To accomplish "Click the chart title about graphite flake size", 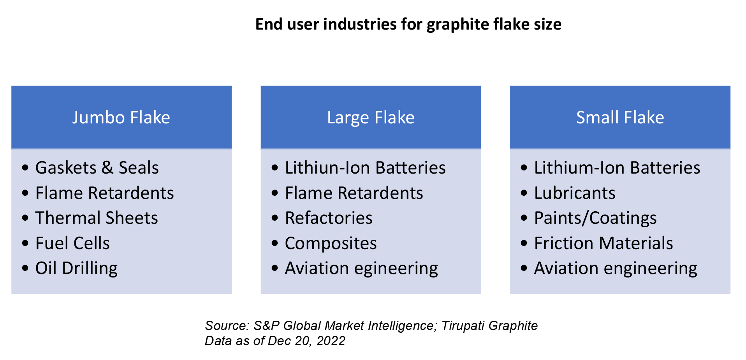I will pyautogui.click(x=408, y=24).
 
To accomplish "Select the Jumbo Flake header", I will pyautogui.click(x=121, y=118).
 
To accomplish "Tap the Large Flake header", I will pyautogui.click(x=371, y=118).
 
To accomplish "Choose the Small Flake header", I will pyautogui.click(x=620, y=118).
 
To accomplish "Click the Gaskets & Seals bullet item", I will pyautogui.click(x=97, y=168).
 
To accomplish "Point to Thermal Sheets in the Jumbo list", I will pyautogui.click(x=97, y=218).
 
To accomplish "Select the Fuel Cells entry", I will pyautogui.click(x=72, y=243).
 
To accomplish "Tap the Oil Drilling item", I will pyautogui.click(x=76, y=268).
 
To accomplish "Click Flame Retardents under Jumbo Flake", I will pyautogui.click(x=104, y=193).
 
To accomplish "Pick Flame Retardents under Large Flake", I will pyautogui.click(x=354, y=193).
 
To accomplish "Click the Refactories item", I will pyautogui.click(x=329, y=218).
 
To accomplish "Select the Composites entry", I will pyautogui.click(x=331, y=243).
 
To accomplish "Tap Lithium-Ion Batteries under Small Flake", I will pyautogui.click(x=617, y=168).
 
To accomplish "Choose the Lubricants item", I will pyautogui.click(x=575, y=193).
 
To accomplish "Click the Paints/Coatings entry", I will pyautogui.click(x=595, y=218).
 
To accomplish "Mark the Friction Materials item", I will pyautogui.click(x=603, y=243).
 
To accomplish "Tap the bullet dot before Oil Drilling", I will pyautogui.click(x=26, y=268).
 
